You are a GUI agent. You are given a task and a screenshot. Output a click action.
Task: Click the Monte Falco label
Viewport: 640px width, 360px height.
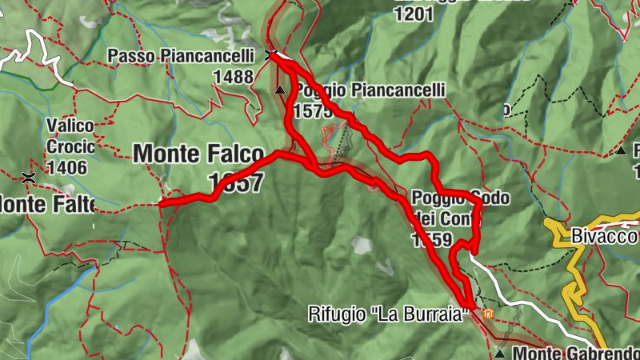198,153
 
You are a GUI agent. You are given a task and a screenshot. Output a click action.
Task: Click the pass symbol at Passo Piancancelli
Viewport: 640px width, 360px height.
271,54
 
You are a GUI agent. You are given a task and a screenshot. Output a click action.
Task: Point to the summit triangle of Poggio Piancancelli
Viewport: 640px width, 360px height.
279,90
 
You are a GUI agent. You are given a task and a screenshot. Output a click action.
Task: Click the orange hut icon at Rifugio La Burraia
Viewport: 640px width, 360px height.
487,314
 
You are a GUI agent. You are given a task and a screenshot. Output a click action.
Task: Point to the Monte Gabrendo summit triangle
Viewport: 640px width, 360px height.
500,352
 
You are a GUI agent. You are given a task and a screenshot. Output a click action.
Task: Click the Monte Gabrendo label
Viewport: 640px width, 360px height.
576,353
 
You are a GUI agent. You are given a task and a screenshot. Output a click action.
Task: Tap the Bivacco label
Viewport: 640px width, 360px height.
604,237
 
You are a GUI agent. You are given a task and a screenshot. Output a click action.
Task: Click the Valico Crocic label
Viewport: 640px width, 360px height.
70,136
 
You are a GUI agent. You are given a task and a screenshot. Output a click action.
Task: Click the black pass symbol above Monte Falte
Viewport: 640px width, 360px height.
30,177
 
